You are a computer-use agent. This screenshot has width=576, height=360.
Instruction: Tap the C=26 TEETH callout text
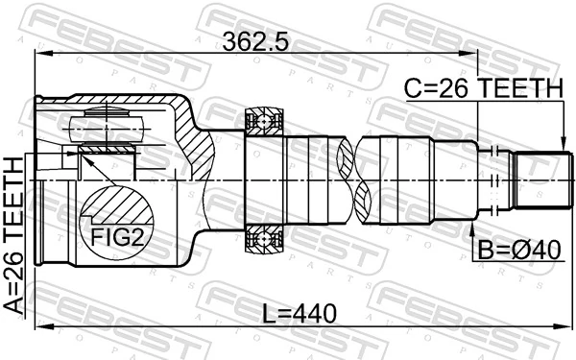483,87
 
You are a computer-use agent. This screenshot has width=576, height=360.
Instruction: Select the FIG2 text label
116,235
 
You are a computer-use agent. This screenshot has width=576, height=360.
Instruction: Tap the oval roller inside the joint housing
106,126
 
